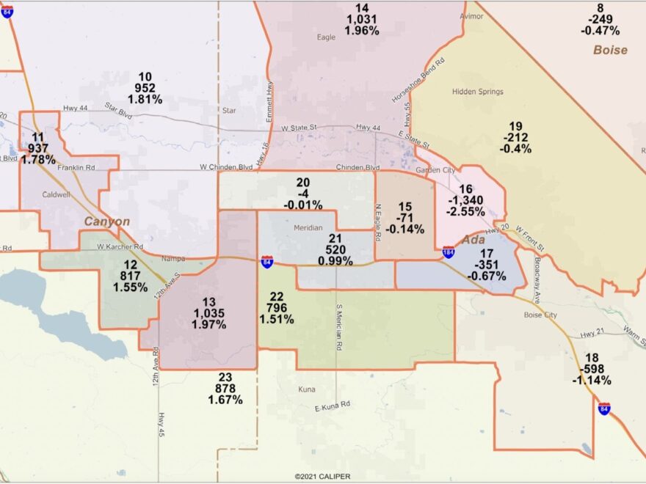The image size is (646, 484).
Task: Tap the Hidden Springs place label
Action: coord(478,92)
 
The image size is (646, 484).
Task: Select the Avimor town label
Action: coord(471,15)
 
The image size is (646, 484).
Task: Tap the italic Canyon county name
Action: coord(106,221)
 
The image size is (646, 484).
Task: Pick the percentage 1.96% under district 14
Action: coord(362,31)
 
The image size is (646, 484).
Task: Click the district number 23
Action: coord(225,377)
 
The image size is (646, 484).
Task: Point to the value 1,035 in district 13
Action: coord(209,313)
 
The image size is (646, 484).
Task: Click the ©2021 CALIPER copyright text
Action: coord(323,476)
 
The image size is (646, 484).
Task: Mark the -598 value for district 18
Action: coord(593,369)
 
